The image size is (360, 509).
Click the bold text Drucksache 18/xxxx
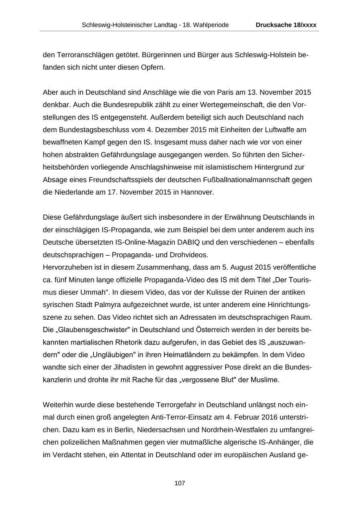pos(286,25)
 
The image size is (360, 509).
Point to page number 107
pos(180,483)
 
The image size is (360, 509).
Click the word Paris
pos(225,92)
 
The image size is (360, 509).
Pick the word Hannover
pos(197,192)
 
